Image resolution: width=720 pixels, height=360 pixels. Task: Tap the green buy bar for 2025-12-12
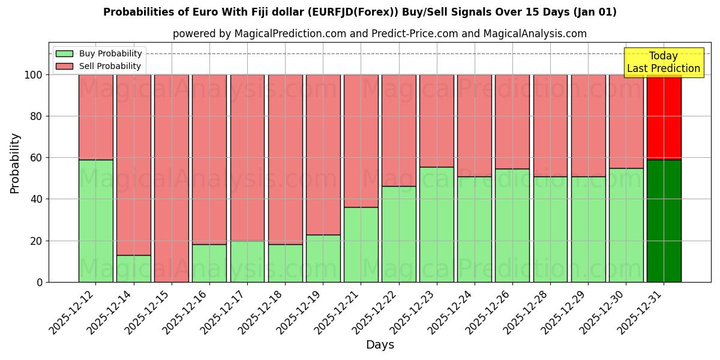tap(95, 221)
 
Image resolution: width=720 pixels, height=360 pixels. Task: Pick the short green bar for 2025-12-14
tap(133, 268)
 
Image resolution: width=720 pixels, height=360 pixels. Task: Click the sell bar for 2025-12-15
tap(172, 178)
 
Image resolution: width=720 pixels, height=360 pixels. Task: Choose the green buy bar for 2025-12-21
tap(361, 244)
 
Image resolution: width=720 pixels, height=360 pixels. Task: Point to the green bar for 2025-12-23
tap(437, 224)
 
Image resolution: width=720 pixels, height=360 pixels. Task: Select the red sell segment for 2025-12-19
tap(323, 154)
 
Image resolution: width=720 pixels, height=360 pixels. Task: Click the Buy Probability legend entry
tap(99, 53)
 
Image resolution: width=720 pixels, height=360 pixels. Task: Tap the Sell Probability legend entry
tap(99, 66)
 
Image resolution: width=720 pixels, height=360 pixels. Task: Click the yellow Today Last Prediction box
tap(663, 62)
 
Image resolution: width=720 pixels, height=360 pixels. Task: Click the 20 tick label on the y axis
tap(36, 241)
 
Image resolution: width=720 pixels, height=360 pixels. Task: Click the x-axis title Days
tap(380, 345)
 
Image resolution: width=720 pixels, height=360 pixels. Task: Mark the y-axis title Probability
tap(15, 163)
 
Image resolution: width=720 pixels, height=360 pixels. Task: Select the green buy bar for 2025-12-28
tap(550, 229)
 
